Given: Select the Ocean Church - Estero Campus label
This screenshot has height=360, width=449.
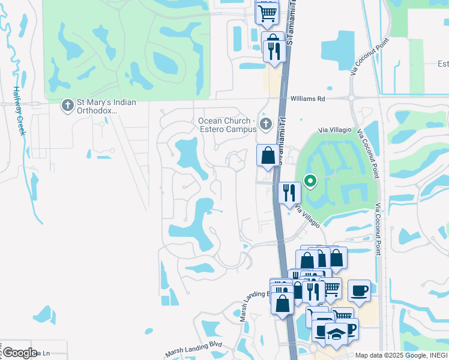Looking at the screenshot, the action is [227, 125].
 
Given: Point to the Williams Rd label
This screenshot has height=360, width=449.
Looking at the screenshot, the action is [307, 98].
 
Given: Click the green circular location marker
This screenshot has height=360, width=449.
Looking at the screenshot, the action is [310, 179].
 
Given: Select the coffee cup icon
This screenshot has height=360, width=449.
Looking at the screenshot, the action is [359, 290].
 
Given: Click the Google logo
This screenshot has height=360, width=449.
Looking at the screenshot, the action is [19, 353].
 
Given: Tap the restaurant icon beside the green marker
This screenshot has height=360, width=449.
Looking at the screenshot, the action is [289, 193].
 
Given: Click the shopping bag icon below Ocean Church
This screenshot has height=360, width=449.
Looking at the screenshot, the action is [268, 156].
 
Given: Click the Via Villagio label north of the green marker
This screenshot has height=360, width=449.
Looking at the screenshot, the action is [334, 130].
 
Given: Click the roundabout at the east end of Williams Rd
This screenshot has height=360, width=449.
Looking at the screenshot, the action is [352, 98].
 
